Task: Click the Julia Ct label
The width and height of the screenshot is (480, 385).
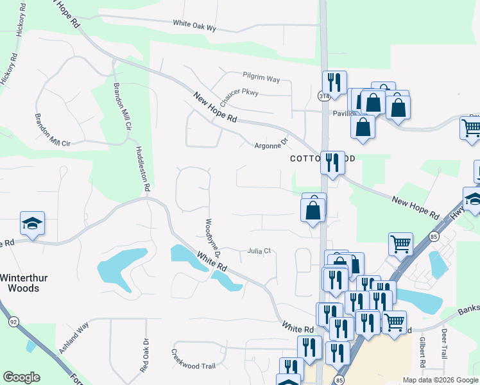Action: click(261, 252)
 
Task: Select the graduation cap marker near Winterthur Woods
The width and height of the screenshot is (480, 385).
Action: click(32, 223)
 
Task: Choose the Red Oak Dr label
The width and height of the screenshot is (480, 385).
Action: click(145, 354)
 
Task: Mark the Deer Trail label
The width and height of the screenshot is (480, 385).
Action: click(444, 343)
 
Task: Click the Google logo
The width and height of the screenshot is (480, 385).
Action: click(21, 377)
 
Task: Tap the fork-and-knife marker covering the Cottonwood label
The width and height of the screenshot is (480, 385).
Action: click(332, 162)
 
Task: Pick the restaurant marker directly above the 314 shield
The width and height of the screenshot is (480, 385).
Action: click(334, 81)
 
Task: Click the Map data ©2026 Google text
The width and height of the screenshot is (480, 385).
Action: click(440, 380)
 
